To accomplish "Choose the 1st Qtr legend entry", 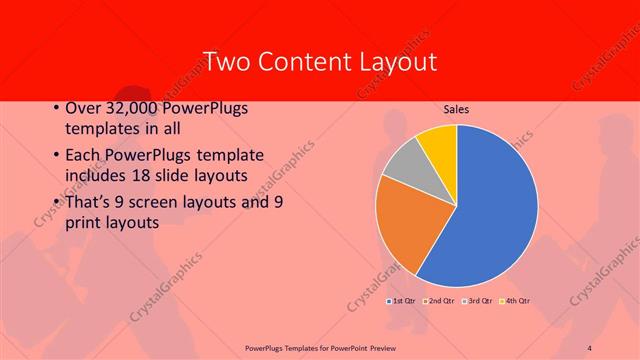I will click(x=402, y=300).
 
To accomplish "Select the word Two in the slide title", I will click(x=225, y=62).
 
